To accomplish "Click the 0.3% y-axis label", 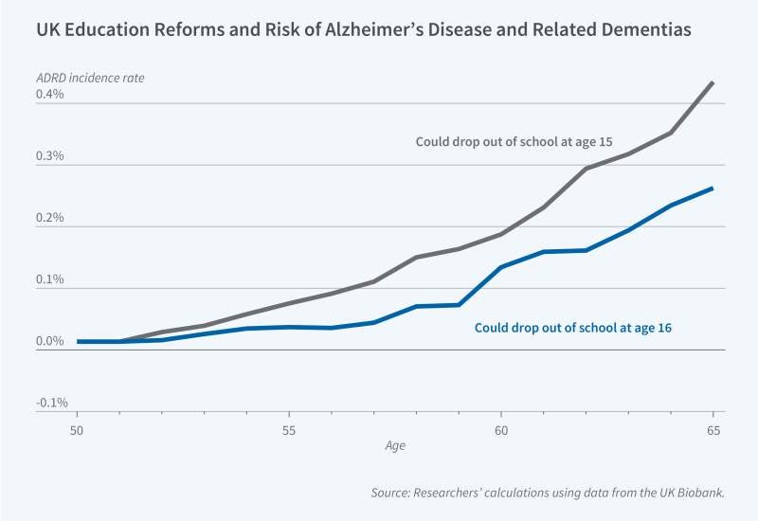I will point(50,156).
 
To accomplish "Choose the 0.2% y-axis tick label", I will point(50,218).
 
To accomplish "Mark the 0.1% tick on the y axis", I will point(50,279).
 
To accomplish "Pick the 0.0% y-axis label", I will point(50,341).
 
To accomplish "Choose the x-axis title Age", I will point(394,445).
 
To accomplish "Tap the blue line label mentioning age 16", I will point(579,328).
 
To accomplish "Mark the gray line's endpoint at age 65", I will point(713,82).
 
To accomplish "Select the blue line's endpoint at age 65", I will point(713,188).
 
